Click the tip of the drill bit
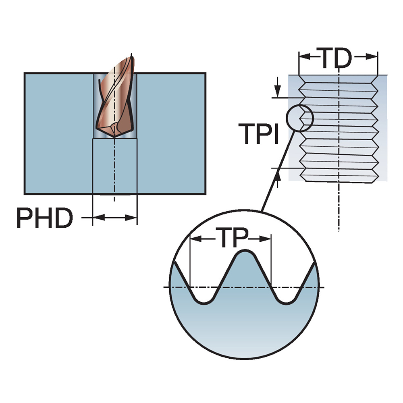(114, 137)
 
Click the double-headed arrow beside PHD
(115, 218)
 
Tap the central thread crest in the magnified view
(244, 254)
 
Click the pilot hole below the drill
(115, 165)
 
